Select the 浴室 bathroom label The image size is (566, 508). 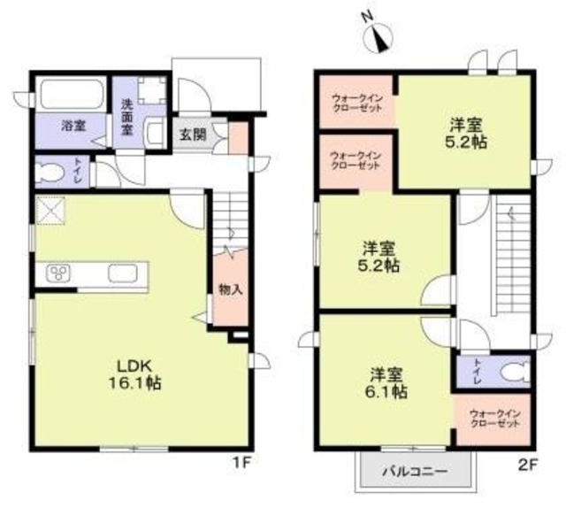click(73, 127)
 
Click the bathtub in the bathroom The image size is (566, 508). click(72, 94)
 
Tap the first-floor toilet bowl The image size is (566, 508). click(52, 172)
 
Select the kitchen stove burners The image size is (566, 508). click(59, 273)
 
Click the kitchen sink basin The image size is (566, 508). click(122, 273)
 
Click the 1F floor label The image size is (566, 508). click(245, 461)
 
